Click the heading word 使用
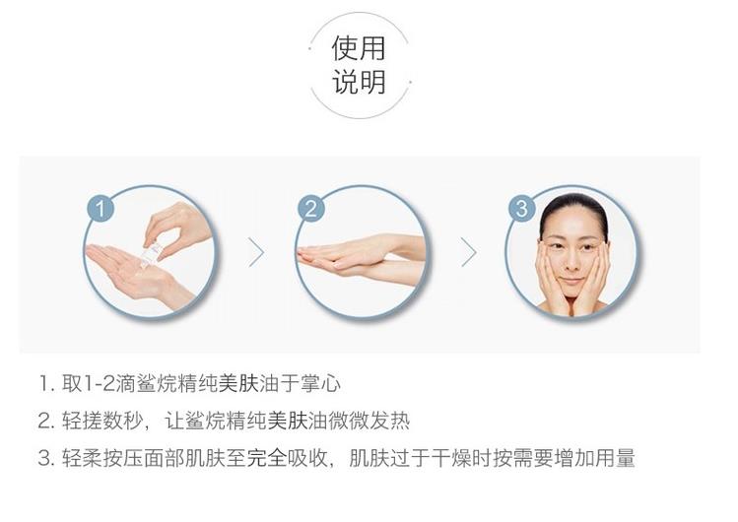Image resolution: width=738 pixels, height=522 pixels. coord(359,48)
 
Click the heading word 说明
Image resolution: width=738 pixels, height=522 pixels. coord(359,82)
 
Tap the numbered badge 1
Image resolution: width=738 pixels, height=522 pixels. coord(101,209)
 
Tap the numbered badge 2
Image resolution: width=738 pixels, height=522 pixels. coord(311,209)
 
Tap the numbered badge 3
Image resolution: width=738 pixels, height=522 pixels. coord(521,209)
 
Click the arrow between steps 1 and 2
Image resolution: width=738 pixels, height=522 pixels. coord(256,252)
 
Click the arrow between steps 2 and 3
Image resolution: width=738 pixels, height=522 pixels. coord(469,252)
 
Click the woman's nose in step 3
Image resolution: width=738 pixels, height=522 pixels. coord(572,262)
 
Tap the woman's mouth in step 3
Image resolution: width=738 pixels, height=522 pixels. coord(571,282)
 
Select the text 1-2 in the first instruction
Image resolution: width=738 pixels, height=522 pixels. coord(100,384)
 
